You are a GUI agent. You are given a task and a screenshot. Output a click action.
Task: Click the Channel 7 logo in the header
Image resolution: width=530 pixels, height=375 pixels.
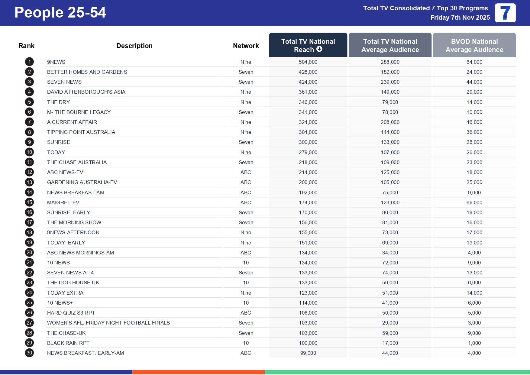505,13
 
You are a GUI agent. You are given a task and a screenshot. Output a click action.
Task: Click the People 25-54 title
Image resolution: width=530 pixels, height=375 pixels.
60,13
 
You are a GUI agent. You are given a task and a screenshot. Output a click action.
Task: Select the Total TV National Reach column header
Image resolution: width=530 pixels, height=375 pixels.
308,45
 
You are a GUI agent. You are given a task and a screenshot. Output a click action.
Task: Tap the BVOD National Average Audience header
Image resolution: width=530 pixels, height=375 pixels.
474,45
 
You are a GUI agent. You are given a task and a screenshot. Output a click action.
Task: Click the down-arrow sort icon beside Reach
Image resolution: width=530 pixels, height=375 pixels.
319,49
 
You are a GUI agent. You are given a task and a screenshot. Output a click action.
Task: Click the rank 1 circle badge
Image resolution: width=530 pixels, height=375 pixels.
29,62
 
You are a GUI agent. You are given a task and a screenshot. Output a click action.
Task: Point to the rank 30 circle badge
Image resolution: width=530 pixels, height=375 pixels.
29,353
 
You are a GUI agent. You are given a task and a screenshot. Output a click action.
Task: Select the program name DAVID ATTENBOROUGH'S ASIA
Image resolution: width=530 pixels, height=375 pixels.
86,92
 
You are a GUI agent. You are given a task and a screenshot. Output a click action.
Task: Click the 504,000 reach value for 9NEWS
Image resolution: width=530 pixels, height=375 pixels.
308,62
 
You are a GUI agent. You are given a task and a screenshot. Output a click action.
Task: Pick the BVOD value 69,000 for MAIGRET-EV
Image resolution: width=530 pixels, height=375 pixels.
474,202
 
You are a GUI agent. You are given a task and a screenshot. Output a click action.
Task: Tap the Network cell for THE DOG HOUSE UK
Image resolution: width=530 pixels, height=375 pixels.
246,283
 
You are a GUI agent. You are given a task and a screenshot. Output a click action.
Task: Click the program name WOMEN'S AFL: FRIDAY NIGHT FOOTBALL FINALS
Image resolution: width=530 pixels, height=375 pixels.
108,323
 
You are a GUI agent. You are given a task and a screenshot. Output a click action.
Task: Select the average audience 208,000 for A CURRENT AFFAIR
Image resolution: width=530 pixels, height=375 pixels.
390,122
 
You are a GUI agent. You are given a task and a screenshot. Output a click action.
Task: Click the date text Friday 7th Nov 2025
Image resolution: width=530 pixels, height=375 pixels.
460,18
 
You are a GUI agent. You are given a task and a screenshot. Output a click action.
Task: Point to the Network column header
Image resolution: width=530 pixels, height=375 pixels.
246,46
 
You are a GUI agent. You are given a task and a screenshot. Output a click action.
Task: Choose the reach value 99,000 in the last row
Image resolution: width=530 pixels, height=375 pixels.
308,353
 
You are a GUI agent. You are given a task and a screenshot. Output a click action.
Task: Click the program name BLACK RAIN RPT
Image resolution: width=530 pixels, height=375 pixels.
68,343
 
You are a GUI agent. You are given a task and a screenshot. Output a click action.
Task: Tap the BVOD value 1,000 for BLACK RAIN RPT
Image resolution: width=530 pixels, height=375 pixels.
474,343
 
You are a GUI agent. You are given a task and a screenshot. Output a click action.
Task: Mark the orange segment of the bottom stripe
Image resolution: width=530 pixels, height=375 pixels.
199,372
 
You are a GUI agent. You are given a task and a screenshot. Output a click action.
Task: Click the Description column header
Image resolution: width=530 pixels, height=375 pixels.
134,46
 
